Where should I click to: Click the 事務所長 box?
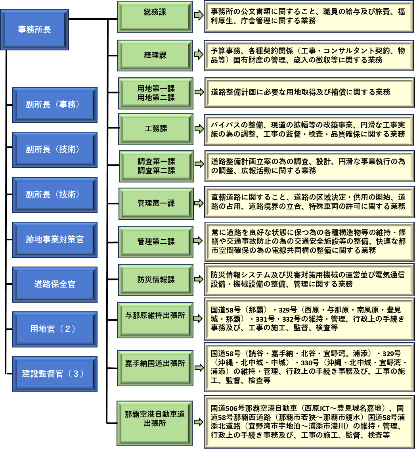(x=34, y=30)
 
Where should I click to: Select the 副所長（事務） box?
(x=55, y=105)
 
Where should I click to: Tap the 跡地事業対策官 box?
(x=55, y=240)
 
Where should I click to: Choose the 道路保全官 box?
(x=55, y=284)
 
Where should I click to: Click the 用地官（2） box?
(x=55, y=329)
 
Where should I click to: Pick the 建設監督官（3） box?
(x=55, y=374)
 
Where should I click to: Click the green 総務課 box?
(x=155, y=16)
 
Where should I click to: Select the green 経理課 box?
(x=155, y=55)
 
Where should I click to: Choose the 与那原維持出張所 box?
(x=155, y=320)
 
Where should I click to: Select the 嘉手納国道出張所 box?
(x=155, y=363)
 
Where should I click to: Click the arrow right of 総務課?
(x=198, y=15)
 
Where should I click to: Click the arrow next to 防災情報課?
(x=198, y=279)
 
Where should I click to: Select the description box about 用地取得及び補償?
(x=309, y=92)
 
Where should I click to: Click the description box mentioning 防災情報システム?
(x=309, y=279)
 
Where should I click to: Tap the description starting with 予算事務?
(x=309, y=55)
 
